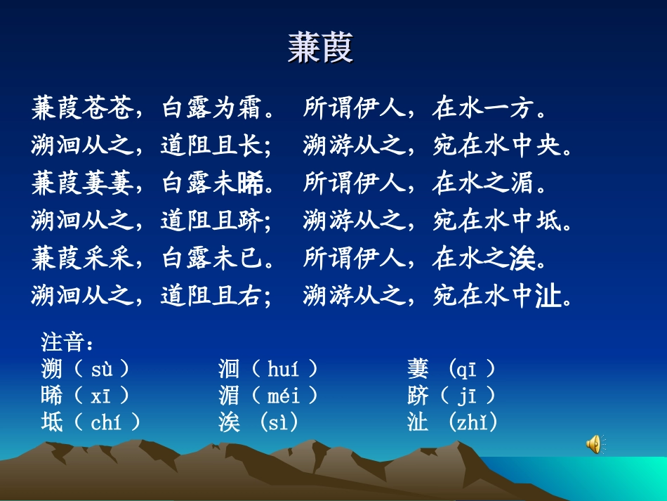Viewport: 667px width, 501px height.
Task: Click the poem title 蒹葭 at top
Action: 320,48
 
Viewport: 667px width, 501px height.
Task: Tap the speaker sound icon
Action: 594,443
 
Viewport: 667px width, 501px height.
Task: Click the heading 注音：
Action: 67,343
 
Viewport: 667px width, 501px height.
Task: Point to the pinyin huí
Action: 283,369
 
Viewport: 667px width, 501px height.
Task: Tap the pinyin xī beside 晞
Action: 100,396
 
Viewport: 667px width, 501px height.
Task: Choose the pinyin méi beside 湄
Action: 284,396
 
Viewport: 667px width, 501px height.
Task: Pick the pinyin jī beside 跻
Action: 467,396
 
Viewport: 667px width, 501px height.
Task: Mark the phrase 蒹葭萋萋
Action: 82,183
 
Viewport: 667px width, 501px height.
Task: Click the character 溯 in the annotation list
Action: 51,369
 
